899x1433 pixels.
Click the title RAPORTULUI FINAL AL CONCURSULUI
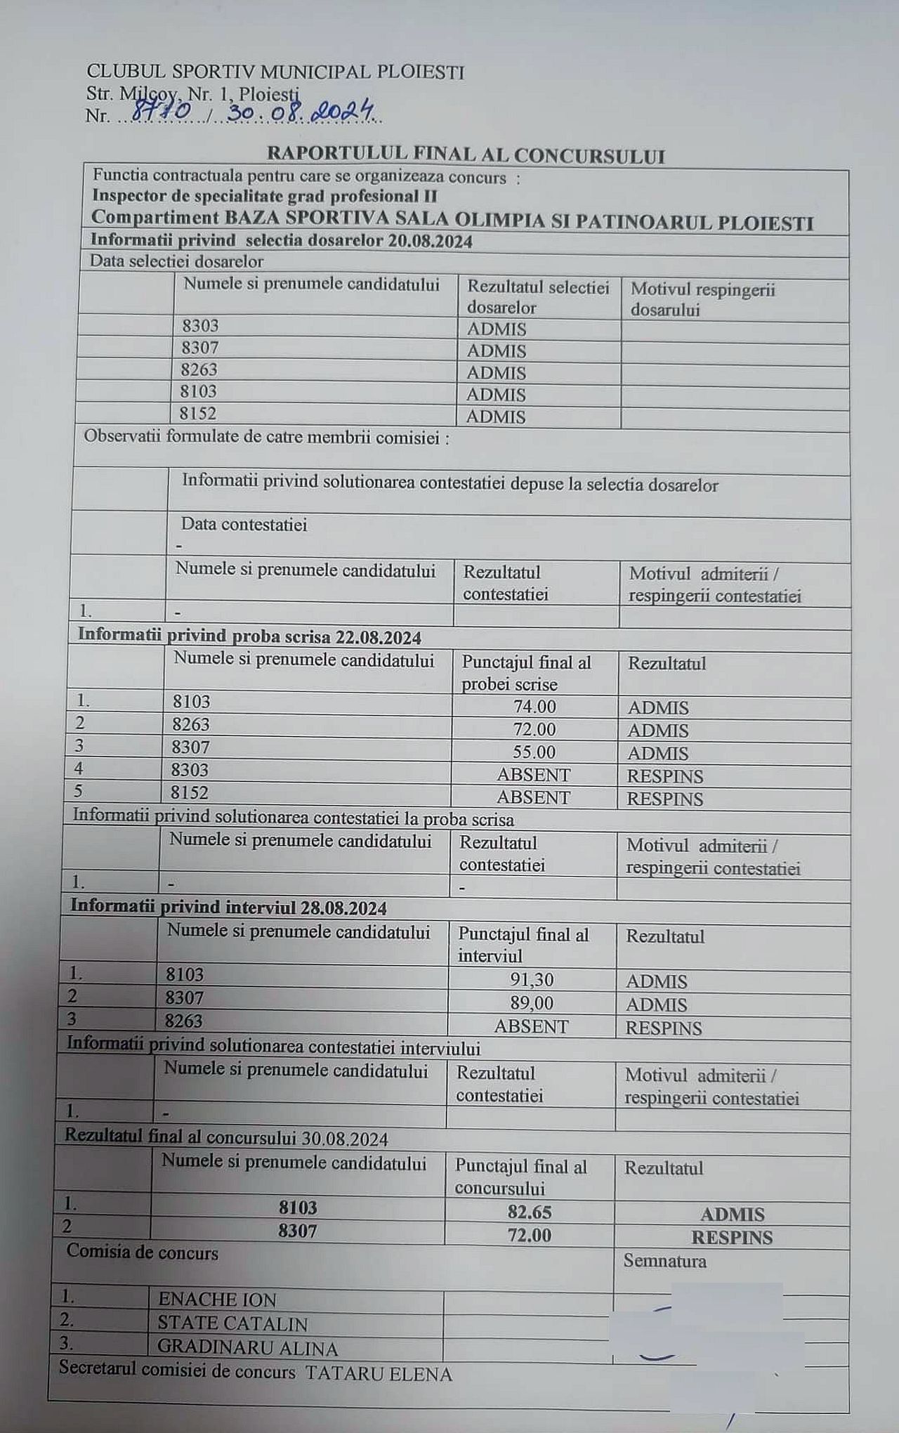coord(466,155)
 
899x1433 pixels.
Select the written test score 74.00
coord(534,707)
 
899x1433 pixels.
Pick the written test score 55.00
coord(534,752)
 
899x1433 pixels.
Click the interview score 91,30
coord(532,979)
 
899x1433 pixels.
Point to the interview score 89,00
coord(532,1002)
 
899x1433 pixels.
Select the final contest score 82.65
coord(530,1212)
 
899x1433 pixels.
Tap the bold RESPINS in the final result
coord(732,1237)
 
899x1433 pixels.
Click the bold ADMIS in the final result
coord(733,1214)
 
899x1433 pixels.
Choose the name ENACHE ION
coord(217,1300)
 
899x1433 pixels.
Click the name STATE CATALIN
coord(232,1324)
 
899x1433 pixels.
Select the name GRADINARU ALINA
coord(247,1349)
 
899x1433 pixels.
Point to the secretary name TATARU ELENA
coord(379,1374)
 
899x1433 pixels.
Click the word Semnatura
coord(664,1261)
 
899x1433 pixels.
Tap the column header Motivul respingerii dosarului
coord(702,299)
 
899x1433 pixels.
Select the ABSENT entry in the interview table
coord(531,1026)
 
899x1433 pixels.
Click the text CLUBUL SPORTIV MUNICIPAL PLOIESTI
coord(275,72)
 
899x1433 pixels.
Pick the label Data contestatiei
coord(244,524)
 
